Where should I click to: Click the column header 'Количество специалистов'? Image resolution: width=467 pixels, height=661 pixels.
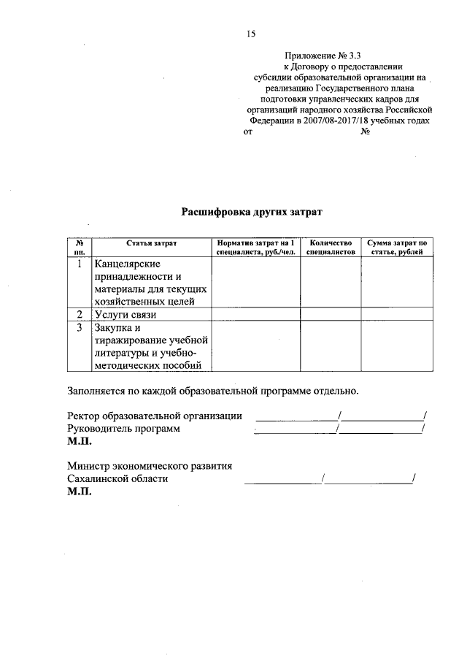(x=331, y=247)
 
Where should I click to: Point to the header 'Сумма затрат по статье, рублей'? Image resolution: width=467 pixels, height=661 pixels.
(x=397, y=247)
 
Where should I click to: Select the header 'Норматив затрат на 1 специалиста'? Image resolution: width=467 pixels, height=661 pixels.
(x=255, y=247)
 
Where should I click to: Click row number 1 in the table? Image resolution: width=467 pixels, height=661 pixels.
(x=79, y=264)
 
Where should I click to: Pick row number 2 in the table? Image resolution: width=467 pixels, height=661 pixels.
(x=79, y=314)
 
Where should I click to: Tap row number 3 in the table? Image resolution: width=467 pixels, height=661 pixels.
(x=79, y=327)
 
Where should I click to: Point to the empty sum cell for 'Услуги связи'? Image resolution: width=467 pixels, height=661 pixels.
(x=397, y=314)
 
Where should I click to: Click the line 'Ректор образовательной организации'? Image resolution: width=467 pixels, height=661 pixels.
(x=155, y=416)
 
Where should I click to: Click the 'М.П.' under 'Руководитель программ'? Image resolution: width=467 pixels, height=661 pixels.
(x=79, y=443)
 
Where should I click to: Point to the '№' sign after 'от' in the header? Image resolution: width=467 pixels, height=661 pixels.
(x=366, y=133)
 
